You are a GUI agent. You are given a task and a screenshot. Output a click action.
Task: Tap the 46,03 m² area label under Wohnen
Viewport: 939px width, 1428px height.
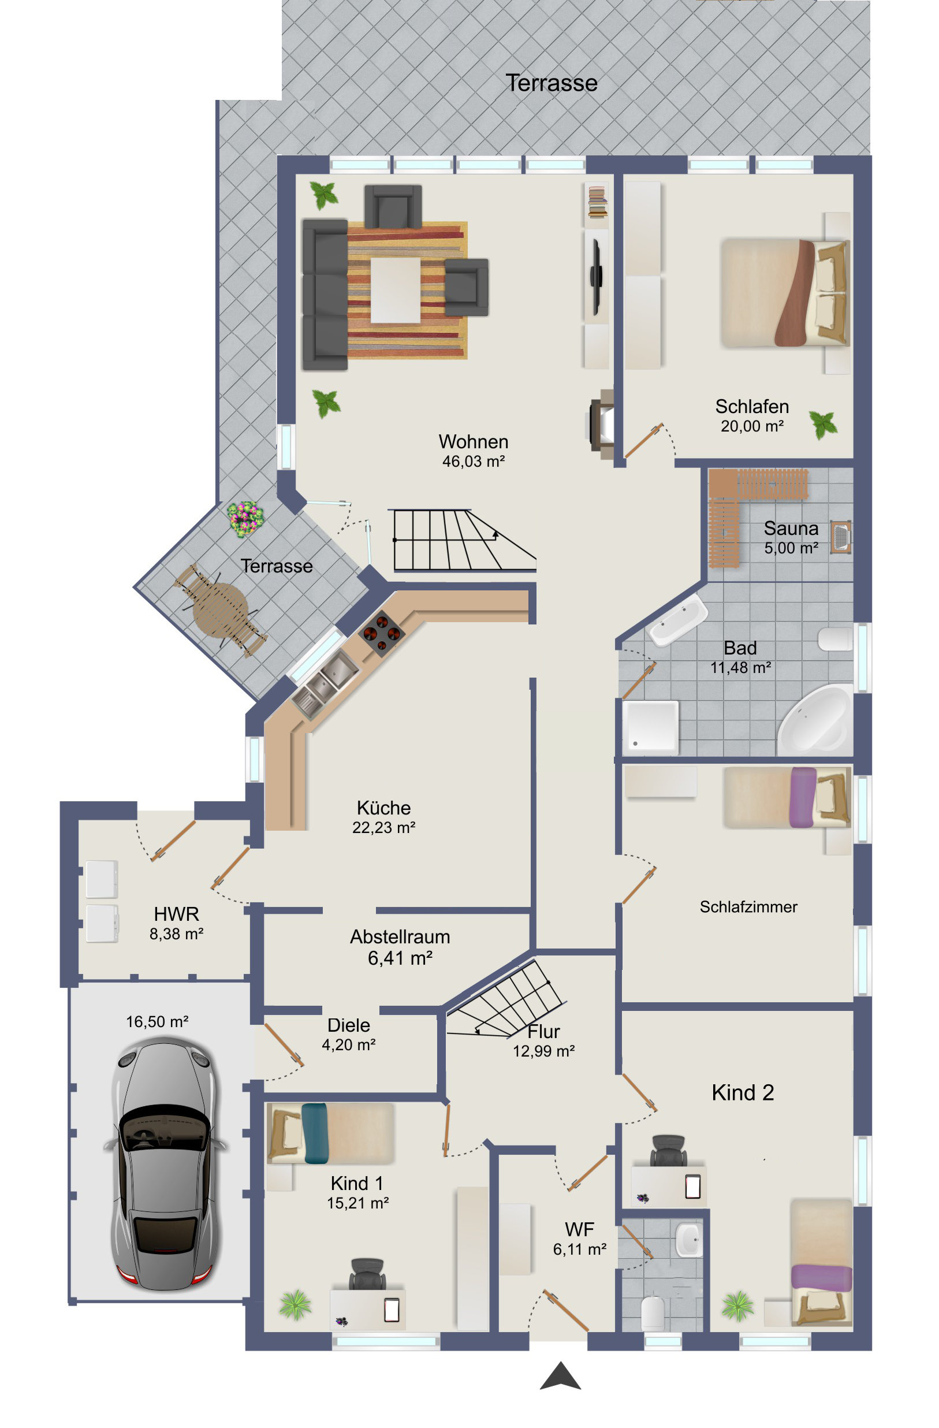474,462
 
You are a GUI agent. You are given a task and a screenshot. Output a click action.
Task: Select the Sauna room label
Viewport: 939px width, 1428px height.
791,528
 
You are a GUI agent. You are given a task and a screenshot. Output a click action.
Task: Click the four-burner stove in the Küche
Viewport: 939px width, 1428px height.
381,633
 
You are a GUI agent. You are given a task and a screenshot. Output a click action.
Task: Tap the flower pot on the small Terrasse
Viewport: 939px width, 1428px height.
245,518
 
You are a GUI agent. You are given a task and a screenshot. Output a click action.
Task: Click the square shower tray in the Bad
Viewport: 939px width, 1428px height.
650,727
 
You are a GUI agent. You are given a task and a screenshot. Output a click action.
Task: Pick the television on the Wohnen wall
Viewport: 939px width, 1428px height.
596,277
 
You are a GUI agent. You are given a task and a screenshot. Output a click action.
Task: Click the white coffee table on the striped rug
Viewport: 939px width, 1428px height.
395,291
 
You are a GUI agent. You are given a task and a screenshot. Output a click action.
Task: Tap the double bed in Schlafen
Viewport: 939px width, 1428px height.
785,293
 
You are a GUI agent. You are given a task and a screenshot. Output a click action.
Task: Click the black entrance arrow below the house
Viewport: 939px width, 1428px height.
560,1375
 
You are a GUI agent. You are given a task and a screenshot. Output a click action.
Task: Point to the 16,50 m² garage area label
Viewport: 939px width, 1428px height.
157,1022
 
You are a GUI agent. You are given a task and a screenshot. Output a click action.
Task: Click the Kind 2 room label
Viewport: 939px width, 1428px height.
743,1092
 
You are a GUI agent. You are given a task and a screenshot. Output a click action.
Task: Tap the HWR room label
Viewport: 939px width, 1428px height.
176,914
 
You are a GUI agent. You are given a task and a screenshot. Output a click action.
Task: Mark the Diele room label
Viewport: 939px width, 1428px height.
349,1025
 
